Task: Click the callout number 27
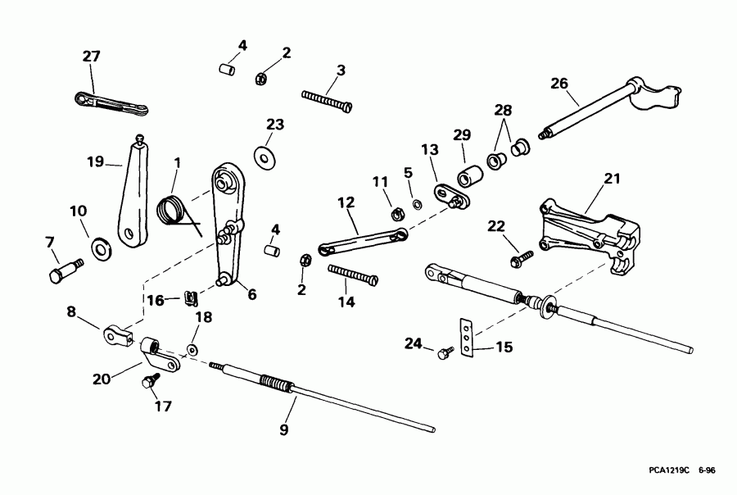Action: pos(91,57)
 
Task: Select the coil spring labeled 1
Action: pos(171,210)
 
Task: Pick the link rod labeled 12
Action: pos(359,238)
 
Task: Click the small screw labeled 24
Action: pos(445,352)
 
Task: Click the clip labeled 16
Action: pos(190,296)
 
